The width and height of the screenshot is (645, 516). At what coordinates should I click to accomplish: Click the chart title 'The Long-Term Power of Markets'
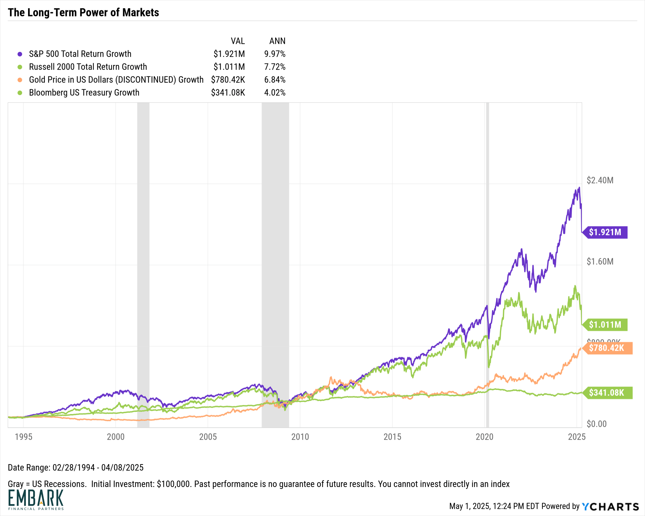click(x=83, y=13)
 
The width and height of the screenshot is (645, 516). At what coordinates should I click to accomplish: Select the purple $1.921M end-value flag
click(x=605, y=232)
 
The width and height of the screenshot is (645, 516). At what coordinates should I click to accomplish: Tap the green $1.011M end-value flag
click(x=605, y=325)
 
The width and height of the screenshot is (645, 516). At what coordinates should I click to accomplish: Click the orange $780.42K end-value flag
click(x=607, y=348)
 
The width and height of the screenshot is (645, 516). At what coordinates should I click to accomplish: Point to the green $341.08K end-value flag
click(x=607, y=393)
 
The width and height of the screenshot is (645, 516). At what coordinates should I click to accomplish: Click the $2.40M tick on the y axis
click(x=600, y=180)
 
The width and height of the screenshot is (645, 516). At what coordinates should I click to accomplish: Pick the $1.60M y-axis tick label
click(x=600, y=261)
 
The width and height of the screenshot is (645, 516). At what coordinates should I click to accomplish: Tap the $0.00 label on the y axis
click(x=597, y=424)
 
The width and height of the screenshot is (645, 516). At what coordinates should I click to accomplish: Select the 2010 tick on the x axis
click(x=300, y=437)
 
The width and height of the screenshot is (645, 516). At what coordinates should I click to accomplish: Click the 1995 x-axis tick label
click(x=24, y=437)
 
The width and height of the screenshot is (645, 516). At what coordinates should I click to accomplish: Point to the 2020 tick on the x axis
click(x=484, y=437)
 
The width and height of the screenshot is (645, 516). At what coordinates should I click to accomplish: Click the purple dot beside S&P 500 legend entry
click(x=20, y=54)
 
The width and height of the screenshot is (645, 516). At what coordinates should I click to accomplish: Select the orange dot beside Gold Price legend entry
click(x=20, y=80)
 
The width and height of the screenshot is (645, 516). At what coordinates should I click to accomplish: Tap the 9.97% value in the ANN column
click(x=275, y=54)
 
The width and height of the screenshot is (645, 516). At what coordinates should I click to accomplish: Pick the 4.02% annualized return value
click(x=275, y=92)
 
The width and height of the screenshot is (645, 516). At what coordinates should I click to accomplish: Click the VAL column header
click(x=238, y=41)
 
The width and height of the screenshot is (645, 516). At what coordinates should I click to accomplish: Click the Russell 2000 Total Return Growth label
click(x=88, y=67)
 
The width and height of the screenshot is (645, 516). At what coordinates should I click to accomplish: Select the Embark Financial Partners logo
click(x=36, y=500)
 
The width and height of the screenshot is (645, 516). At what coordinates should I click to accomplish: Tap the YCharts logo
click(x=610, y=507)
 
